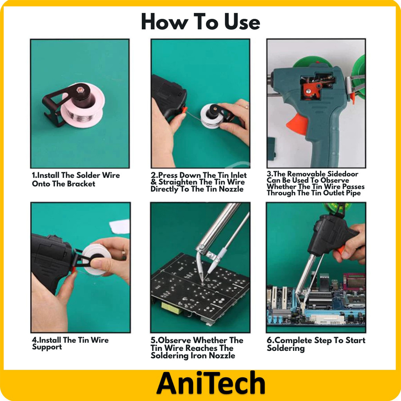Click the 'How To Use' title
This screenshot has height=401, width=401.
[200, 22]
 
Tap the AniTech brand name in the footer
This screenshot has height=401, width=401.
[211, 383]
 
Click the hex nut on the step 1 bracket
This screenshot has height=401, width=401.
[80, 90]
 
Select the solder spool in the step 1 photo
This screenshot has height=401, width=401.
[83, 105]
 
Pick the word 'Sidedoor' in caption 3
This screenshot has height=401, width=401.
[343, 174]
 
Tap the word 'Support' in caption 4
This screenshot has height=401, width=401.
[47, 347]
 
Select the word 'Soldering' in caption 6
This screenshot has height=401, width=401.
[285, 348]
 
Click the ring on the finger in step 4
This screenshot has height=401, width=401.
[124, 255]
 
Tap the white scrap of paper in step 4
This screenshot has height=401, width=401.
[120, 227]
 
